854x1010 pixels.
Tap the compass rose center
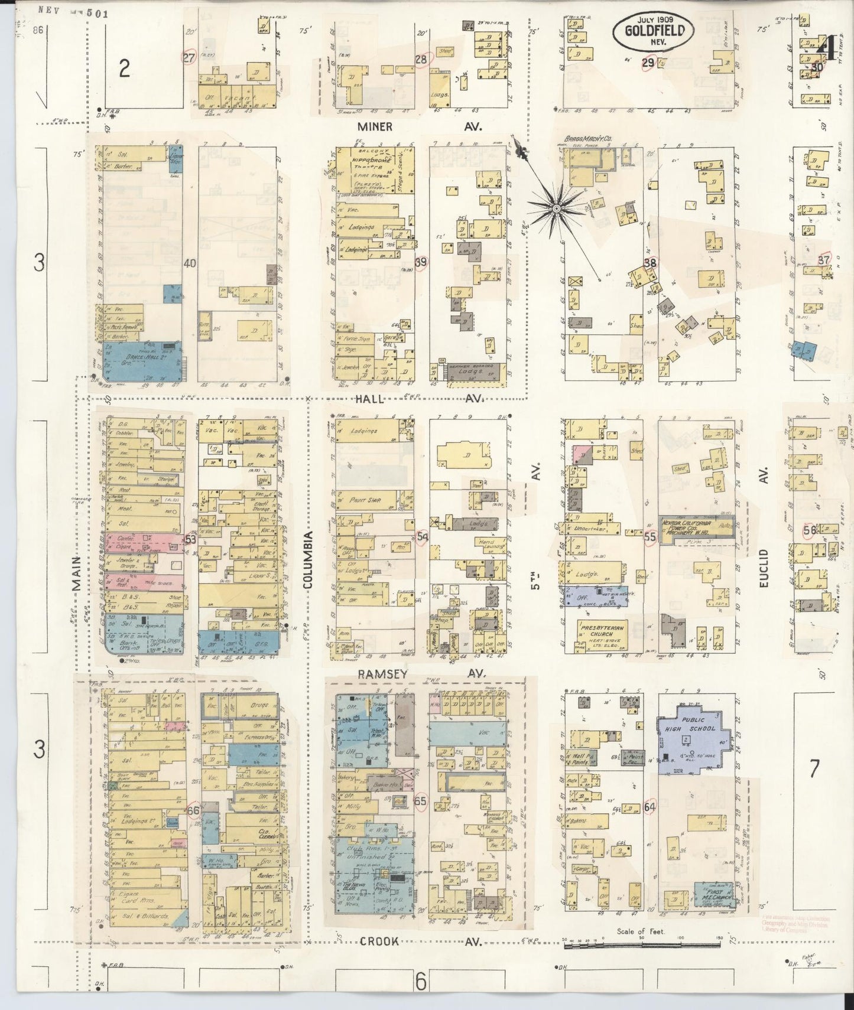pyautogui.click(x=556, y=208)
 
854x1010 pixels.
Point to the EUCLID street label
pyautogui.click(x=764, y=567)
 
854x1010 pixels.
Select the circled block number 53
pyautogui.click(x=190, y=539)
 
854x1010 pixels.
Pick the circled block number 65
pyautogui.click(x=421, y=802)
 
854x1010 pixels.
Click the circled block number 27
pyautogui.click(x=188, y=57)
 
